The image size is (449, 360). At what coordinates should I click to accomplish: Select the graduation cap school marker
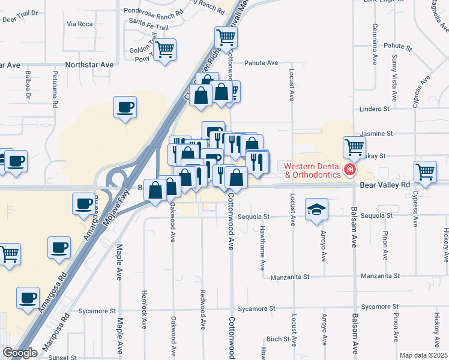pyautogui.click(x=316, y=209)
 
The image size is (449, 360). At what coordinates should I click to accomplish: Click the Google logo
pyautogui.click(x=20, y=353)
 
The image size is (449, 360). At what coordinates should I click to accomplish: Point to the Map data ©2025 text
pyautogui.click(x=423, y=355)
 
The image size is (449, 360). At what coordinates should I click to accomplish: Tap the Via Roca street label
pyautogui.click(x=80, y=24)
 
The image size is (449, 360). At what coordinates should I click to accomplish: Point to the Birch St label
pyautogui.click(x=279, y=339)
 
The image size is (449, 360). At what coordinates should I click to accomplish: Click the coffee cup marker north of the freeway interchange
pyautogui.click(x=125, y=108)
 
